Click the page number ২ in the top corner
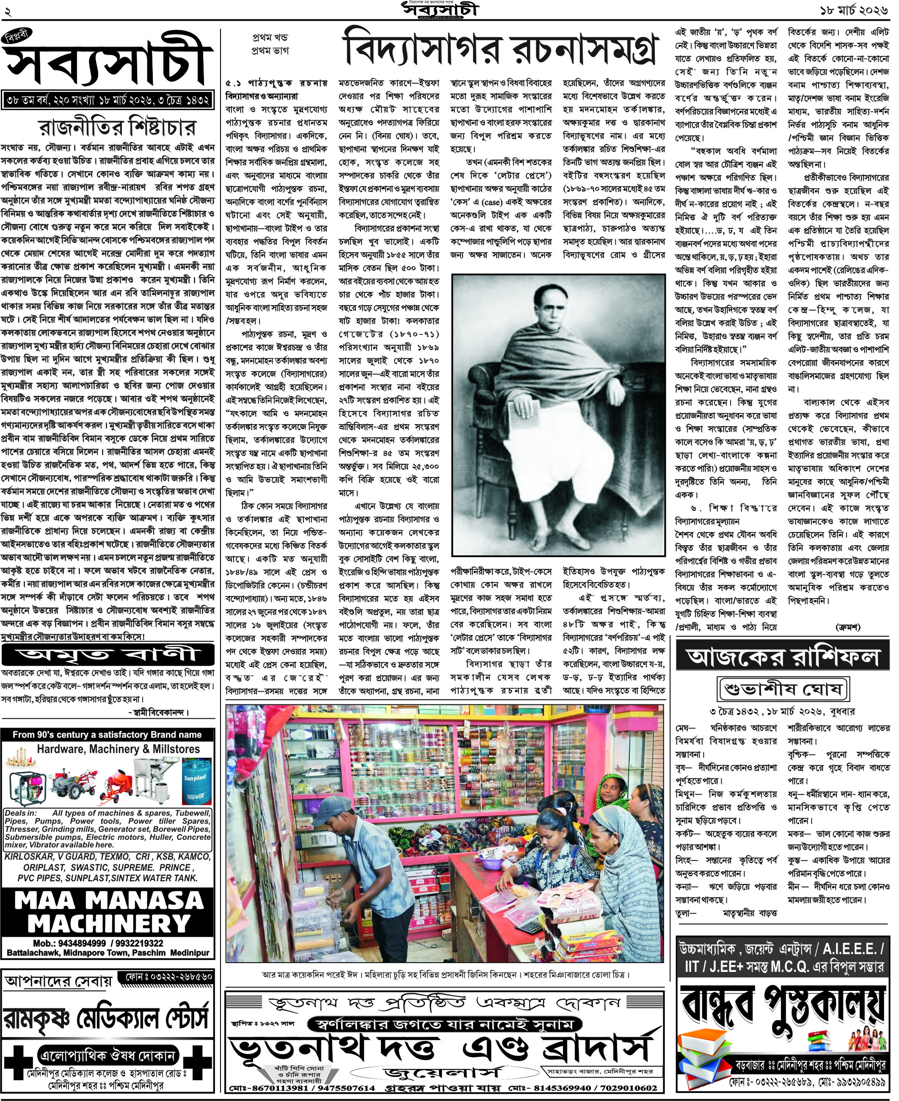[7, 10]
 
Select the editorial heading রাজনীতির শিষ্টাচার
[118, 127]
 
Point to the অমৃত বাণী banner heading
[108, 654]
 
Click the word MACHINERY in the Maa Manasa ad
[109, 924]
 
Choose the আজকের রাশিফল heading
[783, 657]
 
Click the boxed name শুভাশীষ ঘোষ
[783, 689]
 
